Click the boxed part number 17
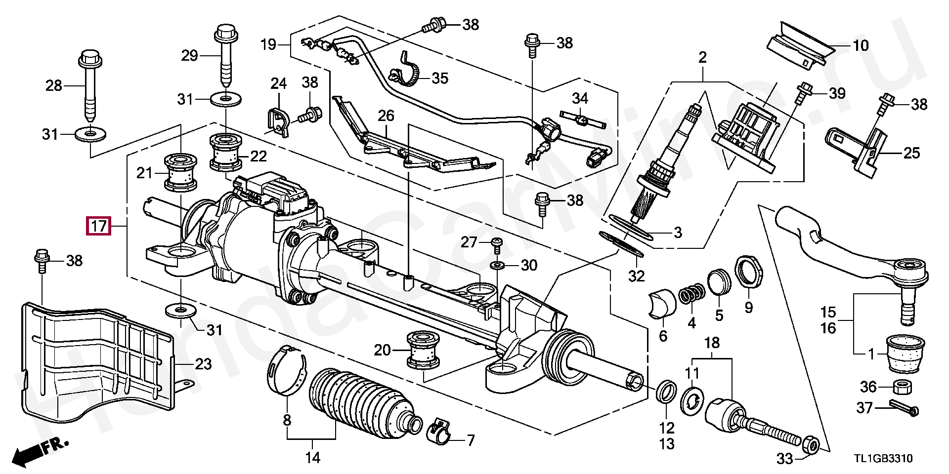tap(98, 227)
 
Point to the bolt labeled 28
tap(90, 84)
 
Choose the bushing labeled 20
tap(423, 350)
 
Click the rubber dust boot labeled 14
tap(365, 403)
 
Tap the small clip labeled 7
tap(439, 430)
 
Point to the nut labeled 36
tap(902, 388)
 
